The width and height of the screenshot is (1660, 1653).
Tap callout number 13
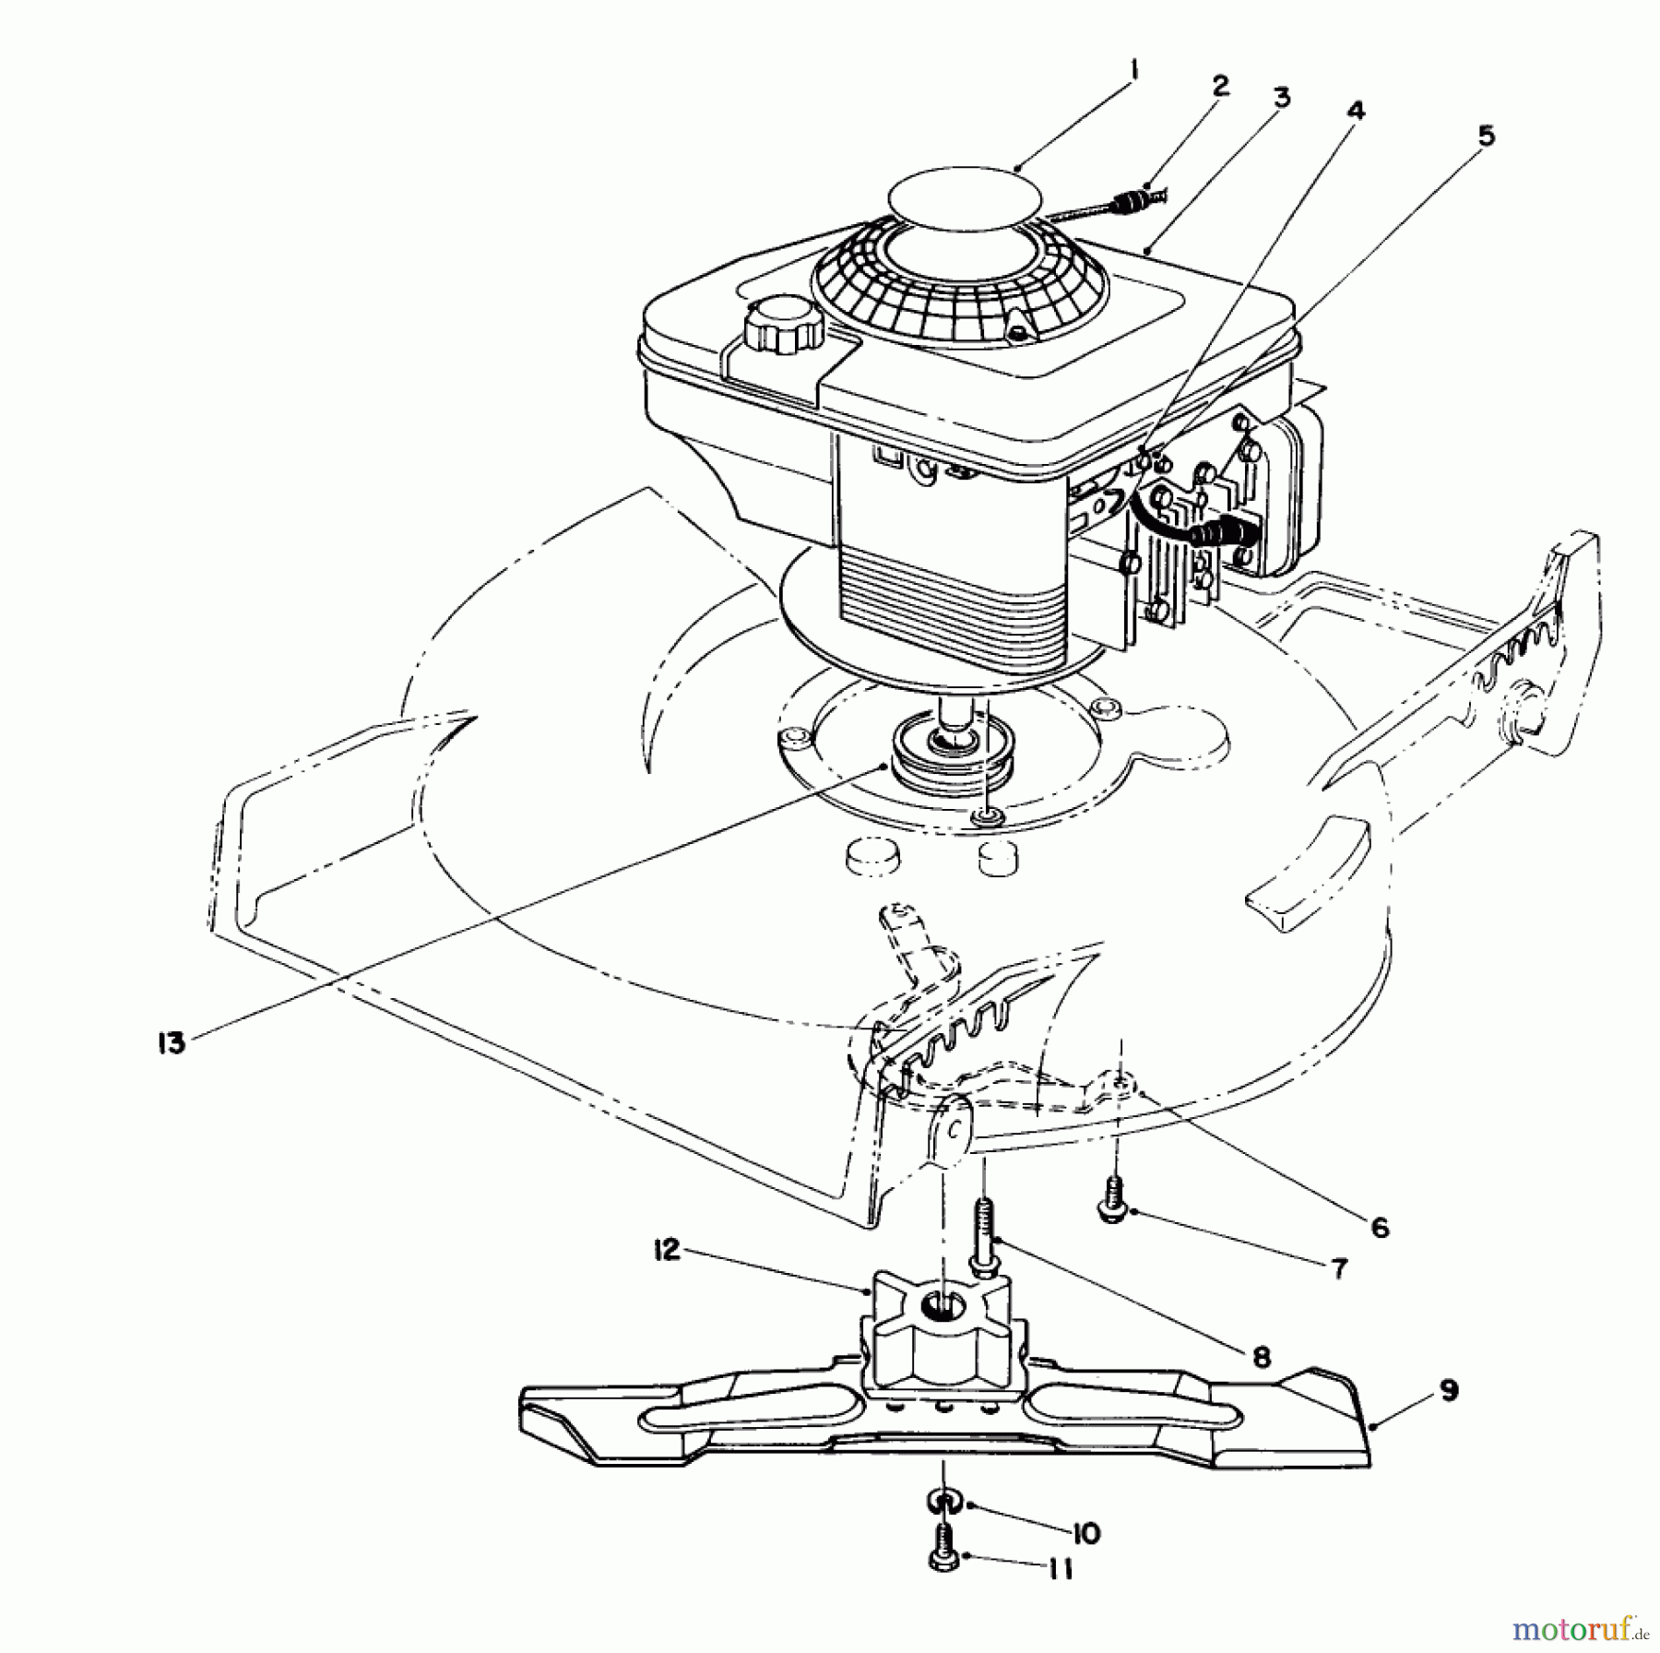click(x=172, y=1043)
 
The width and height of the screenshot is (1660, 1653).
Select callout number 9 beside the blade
click(x=1449, y=1390)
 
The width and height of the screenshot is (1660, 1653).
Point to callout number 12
click(x=667, y=1250)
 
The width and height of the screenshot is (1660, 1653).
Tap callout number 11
click(x=1061, y=1569)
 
